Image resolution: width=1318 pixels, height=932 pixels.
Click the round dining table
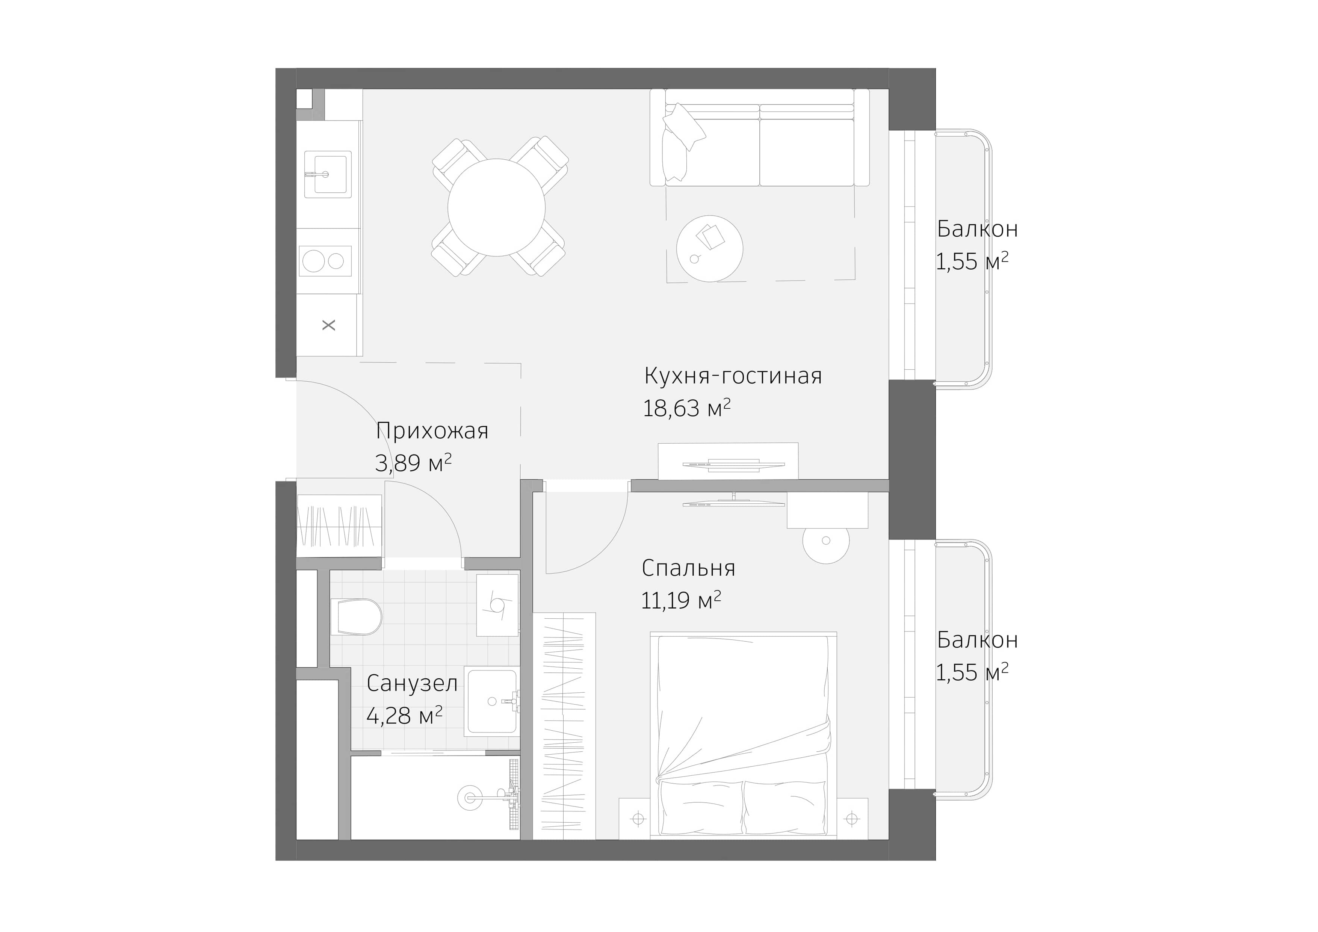[497, 207]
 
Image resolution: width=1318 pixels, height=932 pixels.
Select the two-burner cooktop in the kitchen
[325, 261]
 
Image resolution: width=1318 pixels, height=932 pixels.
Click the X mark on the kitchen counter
[328, 325]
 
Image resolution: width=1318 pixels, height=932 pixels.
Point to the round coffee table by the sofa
[709, 248]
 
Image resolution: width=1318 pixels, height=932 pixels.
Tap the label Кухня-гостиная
[733, 376]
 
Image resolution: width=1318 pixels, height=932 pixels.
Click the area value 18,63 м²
[686, 409]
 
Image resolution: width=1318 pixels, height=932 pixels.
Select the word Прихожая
[432, 431]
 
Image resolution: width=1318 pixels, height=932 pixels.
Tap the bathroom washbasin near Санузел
[491, 701]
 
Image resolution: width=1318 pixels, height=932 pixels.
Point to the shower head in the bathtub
[470, 797]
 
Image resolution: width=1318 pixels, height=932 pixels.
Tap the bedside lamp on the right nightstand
[852, 819]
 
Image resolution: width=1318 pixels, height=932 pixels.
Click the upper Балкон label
[977, 229]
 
